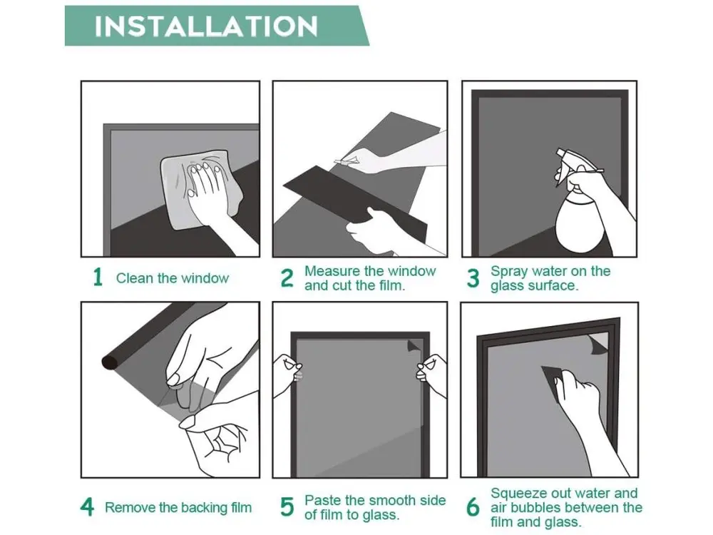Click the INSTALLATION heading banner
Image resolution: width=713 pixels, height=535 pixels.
[217, 26]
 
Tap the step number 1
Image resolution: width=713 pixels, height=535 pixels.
[97, 277]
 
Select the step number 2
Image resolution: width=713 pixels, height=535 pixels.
[287, 278]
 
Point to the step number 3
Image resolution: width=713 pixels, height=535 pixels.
[473, 278]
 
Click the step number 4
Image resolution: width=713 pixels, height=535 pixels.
[87, 506]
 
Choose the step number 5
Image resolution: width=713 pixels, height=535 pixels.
[287, 506]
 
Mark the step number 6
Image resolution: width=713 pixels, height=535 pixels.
[473, 506]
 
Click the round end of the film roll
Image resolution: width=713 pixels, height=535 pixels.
[110, 362]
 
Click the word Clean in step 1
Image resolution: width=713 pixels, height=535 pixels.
[135, 278]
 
